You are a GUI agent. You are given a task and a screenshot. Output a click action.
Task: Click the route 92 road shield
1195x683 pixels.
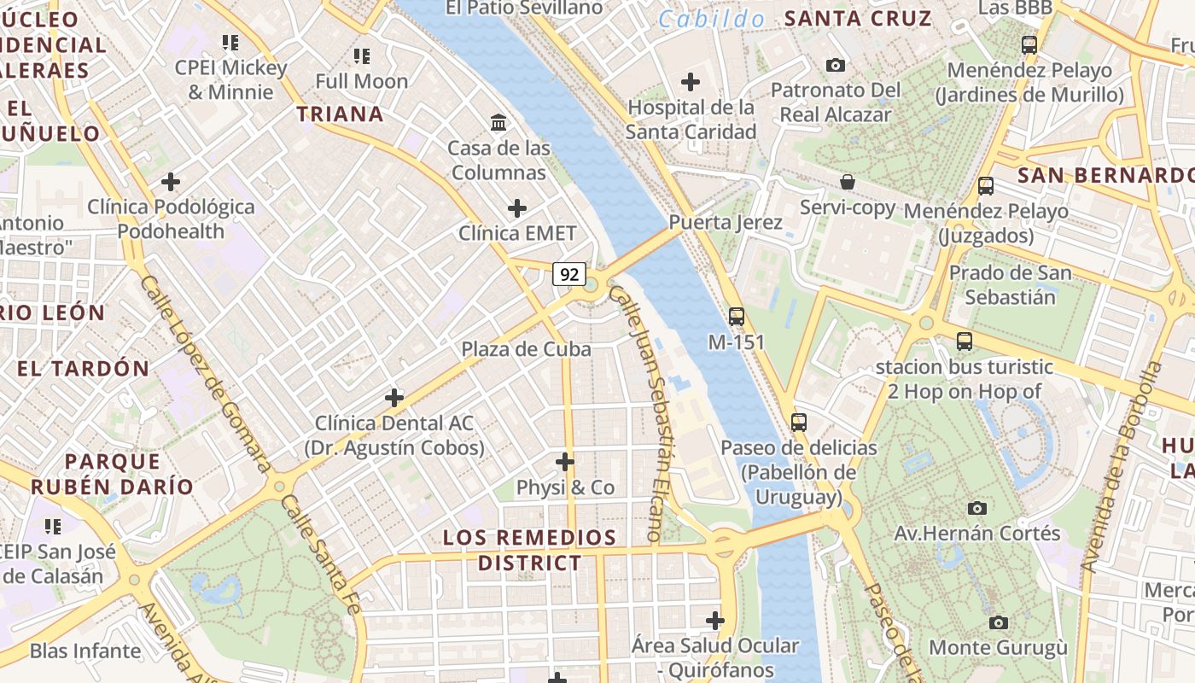[569, 274]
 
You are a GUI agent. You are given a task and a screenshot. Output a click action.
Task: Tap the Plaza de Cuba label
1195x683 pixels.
[526, 348]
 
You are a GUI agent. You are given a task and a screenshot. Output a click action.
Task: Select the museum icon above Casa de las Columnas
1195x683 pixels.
[498, 123]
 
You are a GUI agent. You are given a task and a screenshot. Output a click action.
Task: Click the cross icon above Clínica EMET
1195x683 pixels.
[517, 208]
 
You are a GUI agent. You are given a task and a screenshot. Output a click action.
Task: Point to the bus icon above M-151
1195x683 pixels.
[737, 317]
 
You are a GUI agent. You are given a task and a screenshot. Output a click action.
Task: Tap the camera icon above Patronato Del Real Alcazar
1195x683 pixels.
[836, 65]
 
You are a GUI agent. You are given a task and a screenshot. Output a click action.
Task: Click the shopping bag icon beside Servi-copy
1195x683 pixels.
[848, 182]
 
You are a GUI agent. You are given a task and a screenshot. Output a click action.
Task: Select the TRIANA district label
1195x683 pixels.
[340, 114]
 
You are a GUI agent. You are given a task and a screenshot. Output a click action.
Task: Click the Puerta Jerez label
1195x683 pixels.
[726, 222]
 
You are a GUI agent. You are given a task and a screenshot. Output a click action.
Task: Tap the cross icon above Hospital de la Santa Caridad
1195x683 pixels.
[691, 82]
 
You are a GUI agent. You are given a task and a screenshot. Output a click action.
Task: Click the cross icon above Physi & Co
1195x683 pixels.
[565, 462]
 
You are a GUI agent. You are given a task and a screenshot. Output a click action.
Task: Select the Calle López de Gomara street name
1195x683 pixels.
[205, 373]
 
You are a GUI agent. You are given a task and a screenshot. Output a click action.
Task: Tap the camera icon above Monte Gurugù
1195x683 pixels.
[998, 622]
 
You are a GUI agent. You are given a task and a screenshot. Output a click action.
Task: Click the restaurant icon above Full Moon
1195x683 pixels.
[362, 56]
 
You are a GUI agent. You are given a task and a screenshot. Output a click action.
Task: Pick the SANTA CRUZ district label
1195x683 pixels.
[858, 18]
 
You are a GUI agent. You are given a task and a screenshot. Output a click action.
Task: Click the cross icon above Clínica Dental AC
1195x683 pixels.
[394, 398]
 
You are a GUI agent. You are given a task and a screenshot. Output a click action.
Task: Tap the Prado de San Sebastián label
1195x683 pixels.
[1011, 285]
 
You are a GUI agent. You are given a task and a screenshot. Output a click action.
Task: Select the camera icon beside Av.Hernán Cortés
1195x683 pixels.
[977, 508]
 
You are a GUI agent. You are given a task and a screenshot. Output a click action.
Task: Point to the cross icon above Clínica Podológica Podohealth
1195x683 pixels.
[171, 182]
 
